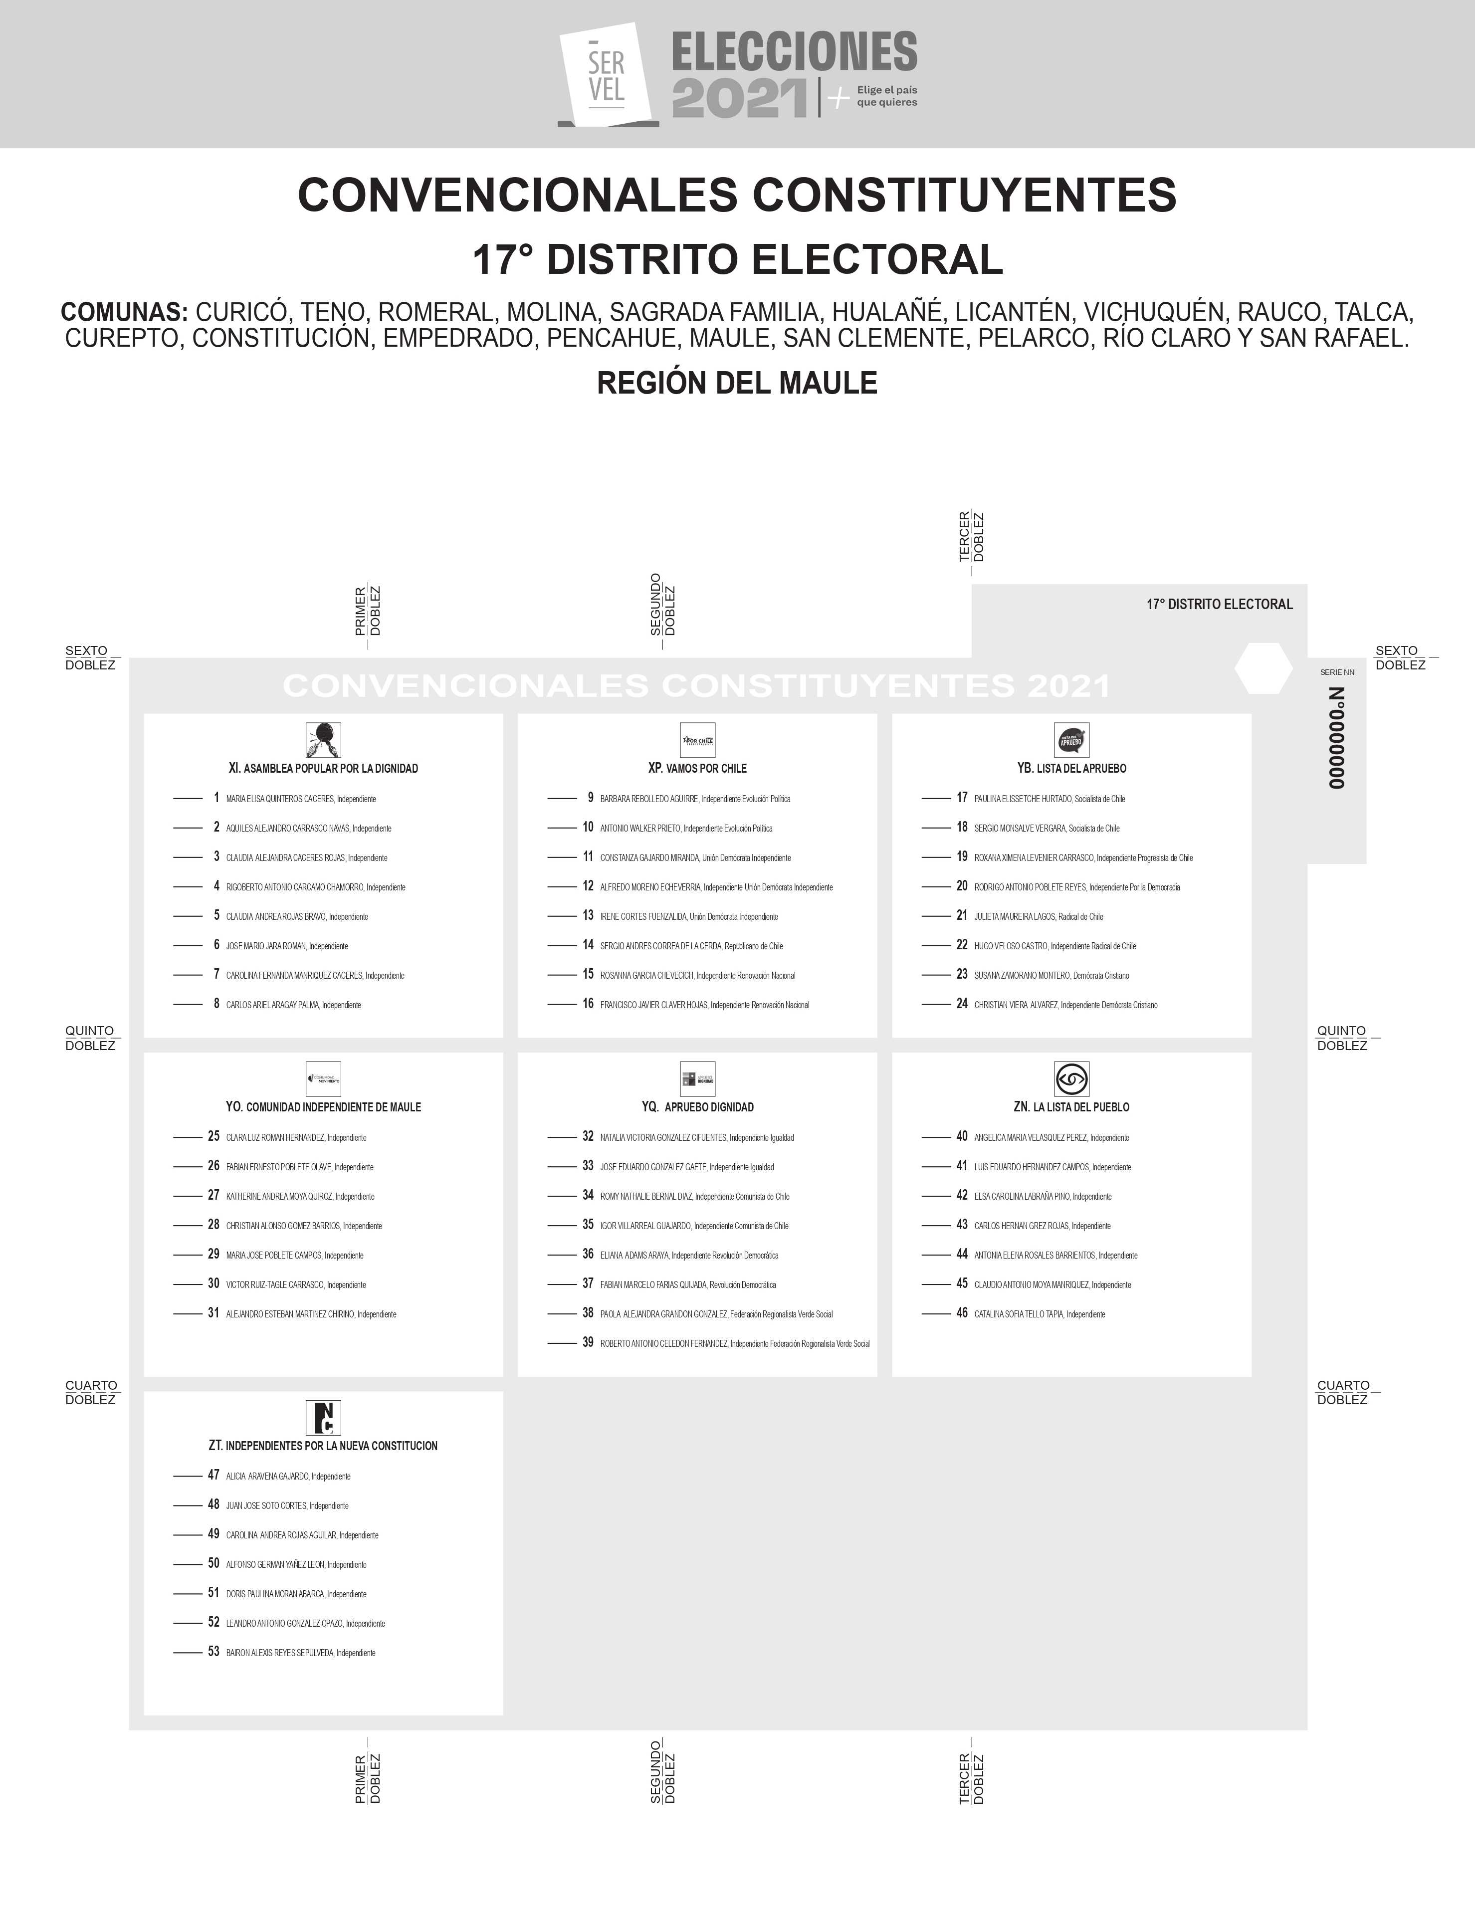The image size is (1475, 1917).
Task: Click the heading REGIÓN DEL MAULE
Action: pyautogui.click(x=737, y=383)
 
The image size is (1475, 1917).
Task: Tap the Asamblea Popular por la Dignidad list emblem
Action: pyautogui.click(x=323, y=740)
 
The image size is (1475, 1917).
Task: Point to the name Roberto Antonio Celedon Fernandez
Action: pyautogui.click(x=664, y=1344)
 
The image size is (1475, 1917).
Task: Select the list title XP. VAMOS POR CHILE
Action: pyautogui.click(x=697, y=768)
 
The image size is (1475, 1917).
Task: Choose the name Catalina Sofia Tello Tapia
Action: pyautogui.click(x=1019, y=1314)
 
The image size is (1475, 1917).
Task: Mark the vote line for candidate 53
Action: pyautogui.click(x=188, y=1653)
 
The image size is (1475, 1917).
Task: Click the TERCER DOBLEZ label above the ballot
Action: pyautogui.click(x=972, y=537)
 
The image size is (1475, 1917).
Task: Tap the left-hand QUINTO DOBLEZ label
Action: pyautogui.click(x=90, y=1038)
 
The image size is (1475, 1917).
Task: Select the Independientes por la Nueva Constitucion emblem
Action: pyautogui.click(x=323, y=1418)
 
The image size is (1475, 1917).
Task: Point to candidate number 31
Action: pyautogui.click(x=213, y=1313)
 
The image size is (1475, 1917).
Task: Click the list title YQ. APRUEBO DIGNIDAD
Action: pyautogui.click(x=697, y=1107)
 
